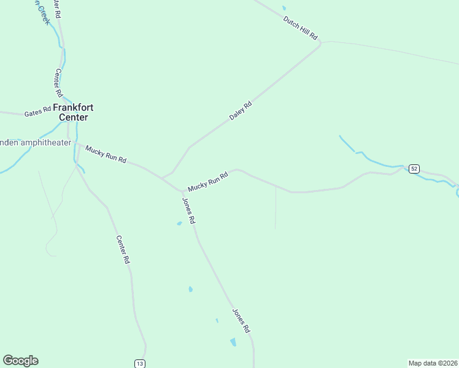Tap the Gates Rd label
37,113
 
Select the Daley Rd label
241,110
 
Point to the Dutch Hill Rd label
300,28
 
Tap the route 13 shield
140,364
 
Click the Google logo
20,361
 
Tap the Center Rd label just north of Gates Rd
59,82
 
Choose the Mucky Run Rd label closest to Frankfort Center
106,154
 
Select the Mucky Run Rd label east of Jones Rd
208,180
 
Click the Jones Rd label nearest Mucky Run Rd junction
189,210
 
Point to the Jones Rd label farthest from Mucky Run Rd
241,320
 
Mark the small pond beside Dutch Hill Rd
283,8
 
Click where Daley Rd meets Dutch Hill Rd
320,44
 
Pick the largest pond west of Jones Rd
233,342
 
